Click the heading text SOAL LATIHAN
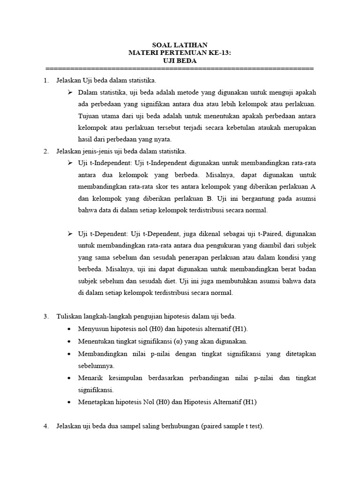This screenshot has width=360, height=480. tap(180, 45)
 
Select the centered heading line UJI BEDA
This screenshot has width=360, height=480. tap(180, 61)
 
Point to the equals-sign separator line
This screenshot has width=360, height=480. tap(180, 68)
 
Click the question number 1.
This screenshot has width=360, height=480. tap(46, 81)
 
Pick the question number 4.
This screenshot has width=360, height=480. tap(46, 426)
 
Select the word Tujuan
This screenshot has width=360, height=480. tap(89, 116)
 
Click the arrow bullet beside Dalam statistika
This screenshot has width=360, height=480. tap(70, 92)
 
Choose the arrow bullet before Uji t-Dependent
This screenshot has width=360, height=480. tap(70, 233)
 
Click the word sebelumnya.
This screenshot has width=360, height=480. tap(96, 365)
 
